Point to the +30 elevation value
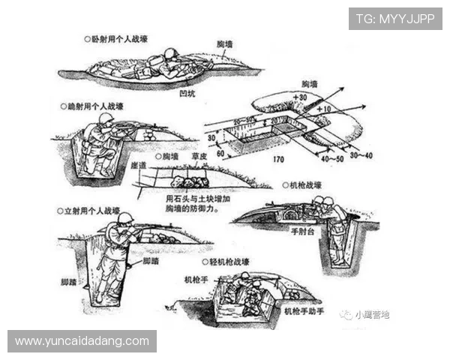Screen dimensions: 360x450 pos(301,97)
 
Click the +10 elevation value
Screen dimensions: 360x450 pos(323,109)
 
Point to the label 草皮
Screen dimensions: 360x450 pos(199,158)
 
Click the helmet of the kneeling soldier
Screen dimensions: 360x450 pos(106,119)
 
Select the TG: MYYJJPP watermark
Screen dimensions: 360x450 pos(395,17)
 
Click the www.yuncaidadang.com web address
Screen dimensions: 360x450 pos(82,341)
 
